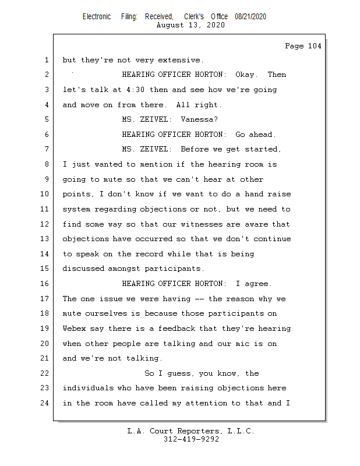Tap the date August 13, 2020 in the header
(191, 25)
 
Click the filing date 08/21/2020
(250, 17)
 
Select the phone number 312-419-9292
(191, 439)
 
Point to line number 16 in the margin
(46, 284)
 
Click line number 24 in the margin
(46, 403)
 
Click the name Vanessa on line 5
(198, 119)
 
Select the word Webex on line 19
(75, 329)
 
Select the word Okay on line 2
(247, 75)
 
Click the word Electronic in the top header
(96, 17)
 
